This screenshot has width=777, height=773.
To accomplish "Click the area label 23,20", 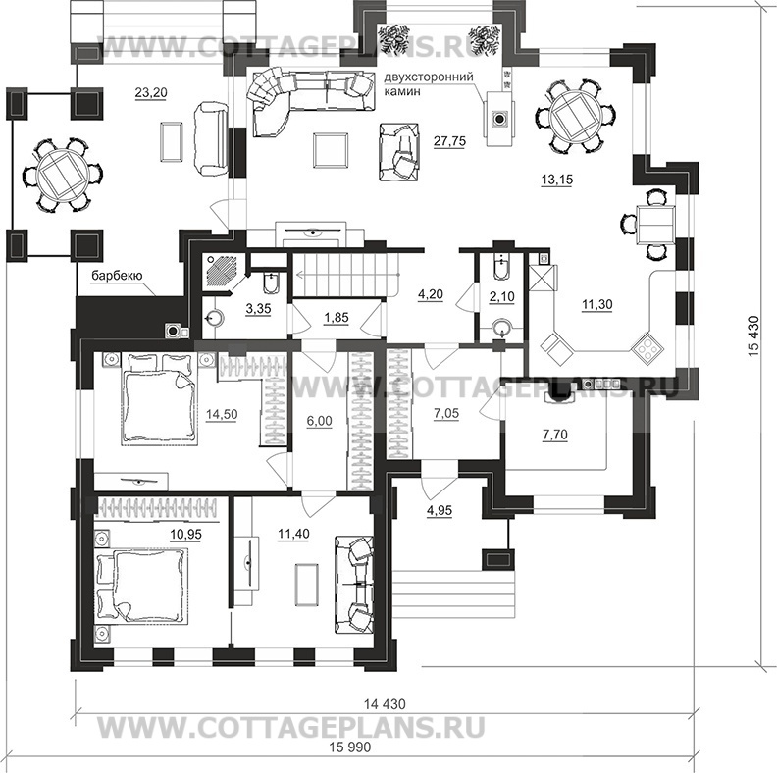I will pos(150,93).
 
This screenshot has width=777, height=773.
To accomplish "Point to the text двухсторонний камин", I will pos(432,82).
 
